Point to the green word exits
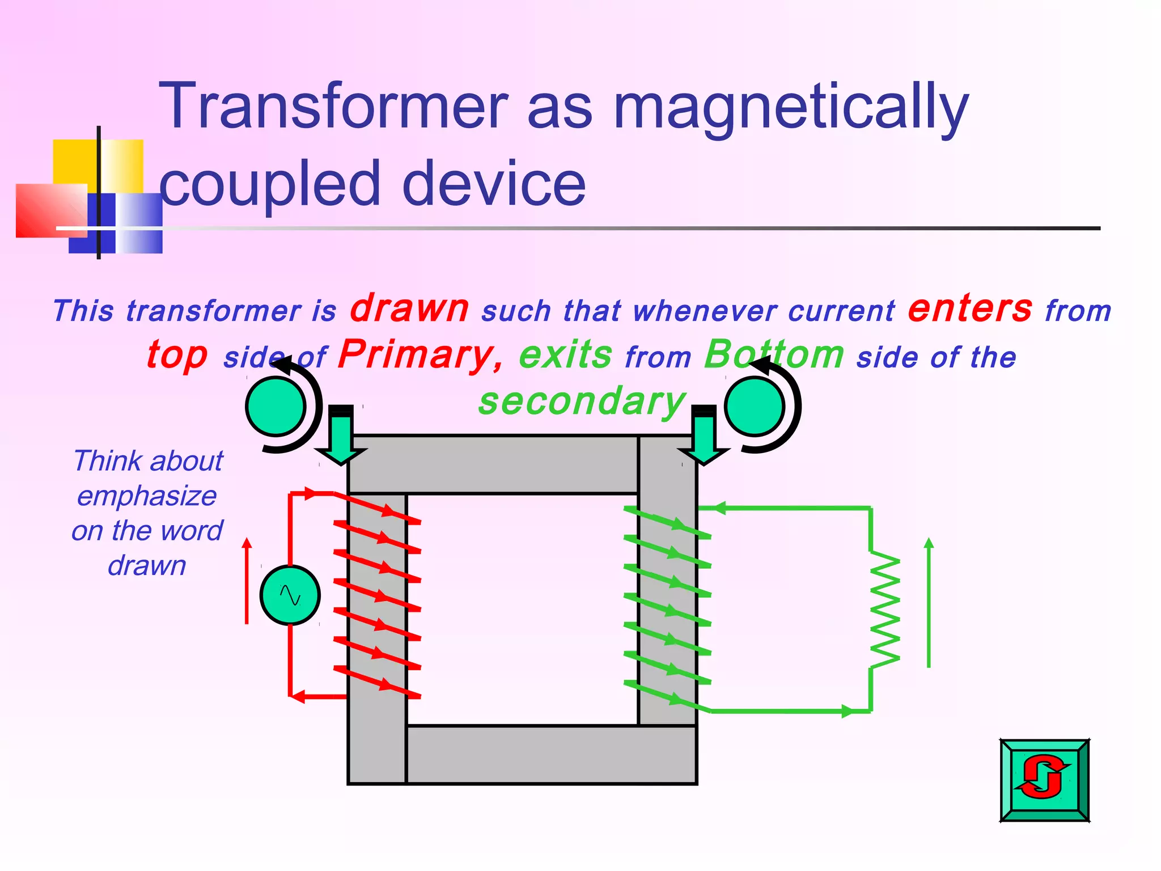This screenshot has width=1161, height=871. [x=565, y=355]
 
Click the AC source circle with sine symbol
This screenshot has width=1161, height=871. [x=290, y=595]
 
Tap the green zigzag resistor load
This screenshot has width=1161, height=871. [x=884, y=610]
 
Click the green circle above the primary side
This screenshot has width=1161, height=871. [x=276, y=407]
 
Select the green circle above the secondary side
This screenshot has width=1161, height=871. [x=755, y=407]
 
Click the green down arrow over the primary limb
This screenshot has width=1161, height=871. [x=341, y=439]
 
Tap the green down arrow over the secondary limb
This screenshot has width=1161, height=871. [x=704, y=439]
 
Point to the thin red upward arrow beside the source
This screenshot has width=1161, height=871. [x=247, y=581]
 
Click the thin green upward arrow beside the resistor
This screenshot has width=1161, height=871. [x=929, y=602]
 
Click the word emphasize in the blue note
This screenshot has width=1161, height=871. [x=147, y=496]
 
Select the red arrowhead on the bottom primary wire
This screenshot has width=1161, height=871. [x=298, y=696]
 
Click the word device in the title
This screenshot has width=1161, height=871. [x=493, y=184]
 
